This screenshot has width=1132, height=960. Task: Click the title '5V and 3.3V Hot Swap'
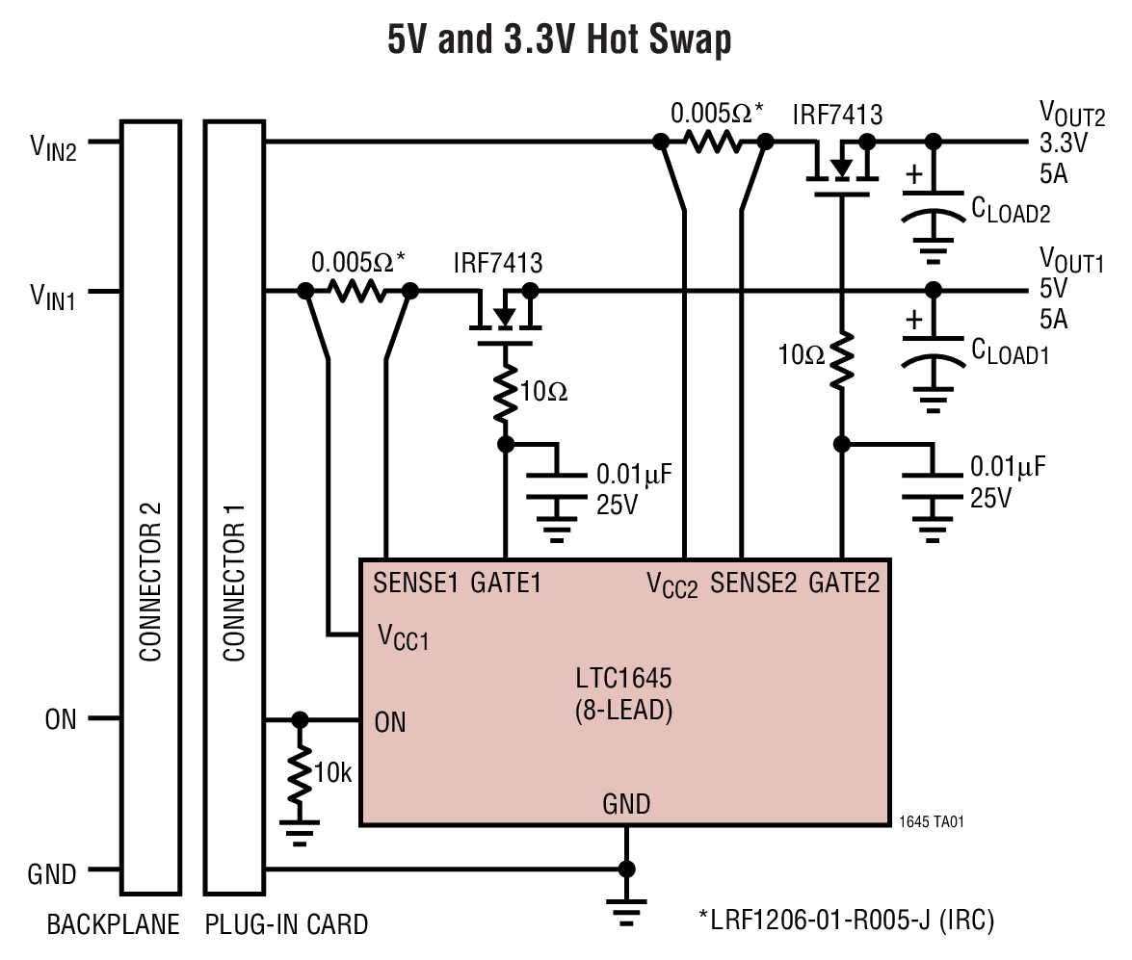tap(559, 40)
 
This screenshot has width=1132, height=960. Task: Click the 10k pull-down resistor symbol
tap(301, 772)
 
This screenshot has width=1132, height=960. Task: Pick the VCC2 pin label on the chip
tap(671, 584)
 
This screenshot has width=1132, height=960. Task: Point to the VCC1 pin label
tap(403, 636)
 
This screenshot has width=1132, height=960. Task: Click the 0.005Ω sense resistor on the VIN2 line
tap(712, 143)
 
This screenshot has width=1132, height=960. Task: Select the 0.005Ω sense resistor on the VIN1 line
tap(356, 291)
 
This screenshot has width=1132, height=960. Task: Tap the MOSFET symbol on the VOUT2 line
tap(842, 169)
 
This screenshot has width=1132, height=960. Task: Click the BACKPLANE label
tap(113, 925)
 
